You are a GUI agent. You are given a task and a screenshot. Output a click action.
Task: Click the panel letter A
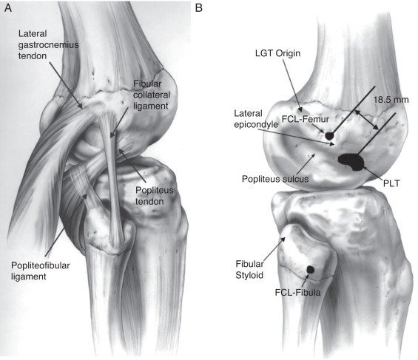pos(8,8)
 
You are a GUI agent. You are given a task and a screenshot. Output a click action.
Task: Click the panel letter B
pos(198,8)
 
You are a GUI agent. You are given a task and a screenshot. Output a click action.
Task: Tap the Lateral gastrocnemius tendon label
pos(48,45)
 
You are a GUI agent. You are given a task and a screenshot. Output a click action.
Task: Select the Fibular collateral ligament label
pos(152,95)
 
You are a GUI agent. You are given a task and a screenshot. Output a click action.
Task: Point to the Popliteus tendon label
pos(155,196)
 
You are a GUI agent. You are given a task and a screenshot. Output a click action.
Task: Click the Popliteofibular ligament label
pos(41,271)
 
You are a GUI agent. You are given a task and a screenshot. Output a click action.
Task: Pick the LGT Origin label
pos(277,53)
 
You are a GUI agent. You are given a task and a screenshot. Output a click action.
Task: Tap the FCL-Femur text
pos(306,119)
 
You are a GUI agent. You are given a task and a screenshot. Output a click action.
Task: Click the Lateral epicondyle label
pos(256,119)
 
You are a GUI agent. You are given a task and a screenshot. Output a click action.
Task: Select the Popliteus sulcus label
pos(275,179)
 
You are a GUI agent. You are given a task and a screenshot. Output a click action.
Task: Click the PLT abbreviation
pos(391,183)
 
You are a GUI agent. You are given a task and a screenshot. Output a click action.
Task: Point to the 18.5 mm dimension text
pos(391,100)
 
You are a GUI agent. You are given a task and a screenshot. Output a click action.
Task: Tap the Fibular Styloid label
pos(249,270)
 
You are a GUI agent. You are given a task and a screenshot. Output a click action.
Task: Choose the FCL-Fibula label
pos(297,293)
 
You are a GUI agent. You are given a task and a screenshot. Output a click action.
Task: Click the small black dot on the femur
pos(329,136)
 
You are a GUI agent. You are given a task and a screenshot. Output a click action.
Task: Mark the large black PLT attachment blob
pos(351,162)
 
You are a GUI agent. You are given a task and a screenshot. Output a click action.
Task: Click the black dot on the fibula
pos(310,270)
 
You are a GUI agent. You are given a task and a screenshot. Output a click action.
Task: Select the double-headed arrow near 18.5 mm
pos(366,120)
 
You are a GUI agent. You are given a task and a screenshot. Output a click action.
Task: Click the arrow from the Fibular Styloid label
pos(274,248)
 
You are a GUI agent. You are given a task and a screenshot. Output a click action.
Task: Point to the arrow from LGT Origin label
pos(292,86)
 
